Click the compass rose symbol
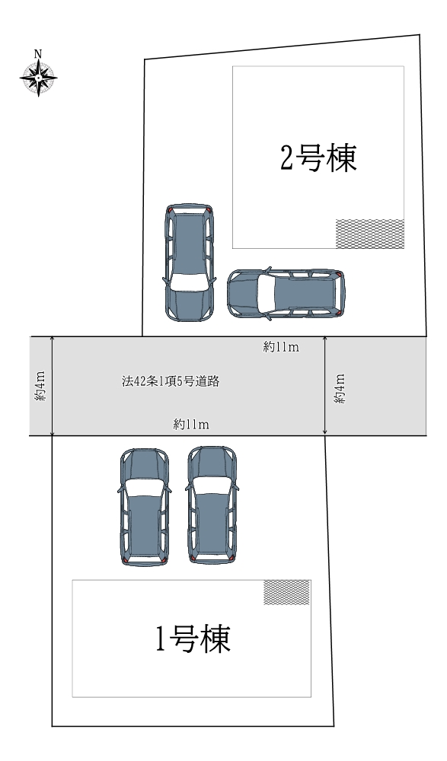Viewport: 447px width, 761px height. tap(38, 78)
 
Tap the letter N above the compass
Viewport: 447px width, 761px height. tap(38, 53)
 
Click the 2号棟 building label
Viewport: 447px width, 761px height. tap(319, 158)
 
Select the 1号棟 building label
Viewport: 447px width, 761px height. tap(193, 638)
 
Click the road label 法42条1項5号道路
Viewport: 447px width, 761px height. tap(171, 381)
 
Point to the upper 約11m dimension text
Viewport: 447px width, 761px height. tap(281, 347)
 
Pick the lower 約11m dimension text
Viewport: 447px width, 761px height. tap(191, 425)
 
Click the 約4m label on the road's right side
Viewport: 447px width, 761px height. tap(340, 388)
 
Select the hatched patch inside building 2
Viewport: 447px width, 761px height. tap(370, 234)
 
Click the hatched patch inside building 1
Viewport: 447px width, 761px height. tap(286, 592)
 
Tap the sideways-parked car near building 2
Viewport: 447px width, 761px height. tap(286, 294)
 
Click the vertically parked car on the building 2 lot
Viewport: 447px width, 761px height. tap(189, 263)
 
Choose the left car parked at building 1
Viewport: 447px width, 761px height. tap(144, 507)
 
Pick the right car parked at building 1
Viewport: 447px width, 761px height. tap(212, 505)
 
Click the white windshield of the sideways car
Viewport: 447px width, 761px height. tap(265, 294)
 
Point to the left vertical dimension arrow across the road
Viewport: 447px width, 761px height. tap(52, 386)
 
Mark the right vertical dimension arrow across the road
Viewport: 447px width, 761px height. tap(324, 386)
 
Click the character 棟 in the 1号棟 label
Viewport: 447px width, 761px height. tap(214, 638)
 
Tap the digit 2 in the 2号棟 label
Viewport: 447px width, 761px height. tap(286, 158)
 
